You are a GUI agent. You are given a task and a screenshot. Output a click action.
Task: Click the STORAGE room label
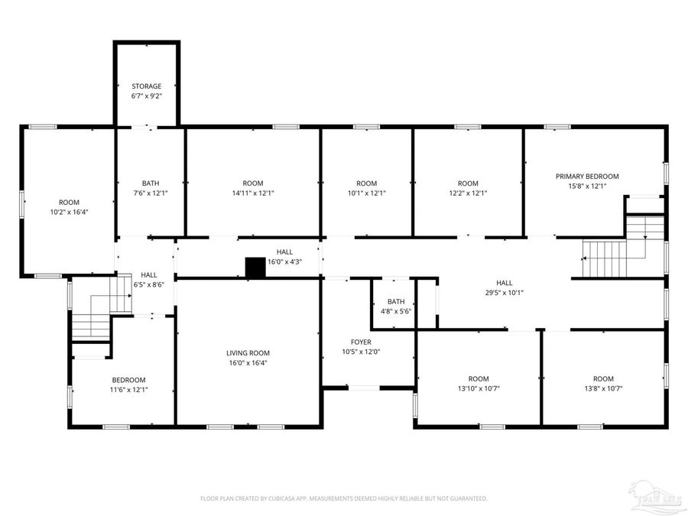coord(146,86)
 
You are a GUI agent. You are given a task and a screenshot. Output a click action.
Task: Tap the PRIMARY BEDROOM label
coord(587,176)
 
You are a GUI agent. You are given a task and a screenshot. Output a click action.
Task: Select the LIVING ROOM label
coord(248,352)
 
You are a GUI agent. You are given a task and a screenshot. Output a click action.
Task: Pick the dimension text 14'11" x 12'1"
coord(253,193)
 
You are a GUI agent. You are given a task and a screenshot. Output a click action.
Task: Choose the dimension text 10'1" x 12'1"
coord(367,193)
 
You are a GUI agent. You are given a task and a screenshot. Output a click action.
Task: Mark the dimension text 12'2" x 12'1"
coord(468,193)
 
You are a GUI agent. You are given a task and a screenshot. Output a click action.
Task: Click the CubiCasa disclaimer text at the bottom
coord(343,498)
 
